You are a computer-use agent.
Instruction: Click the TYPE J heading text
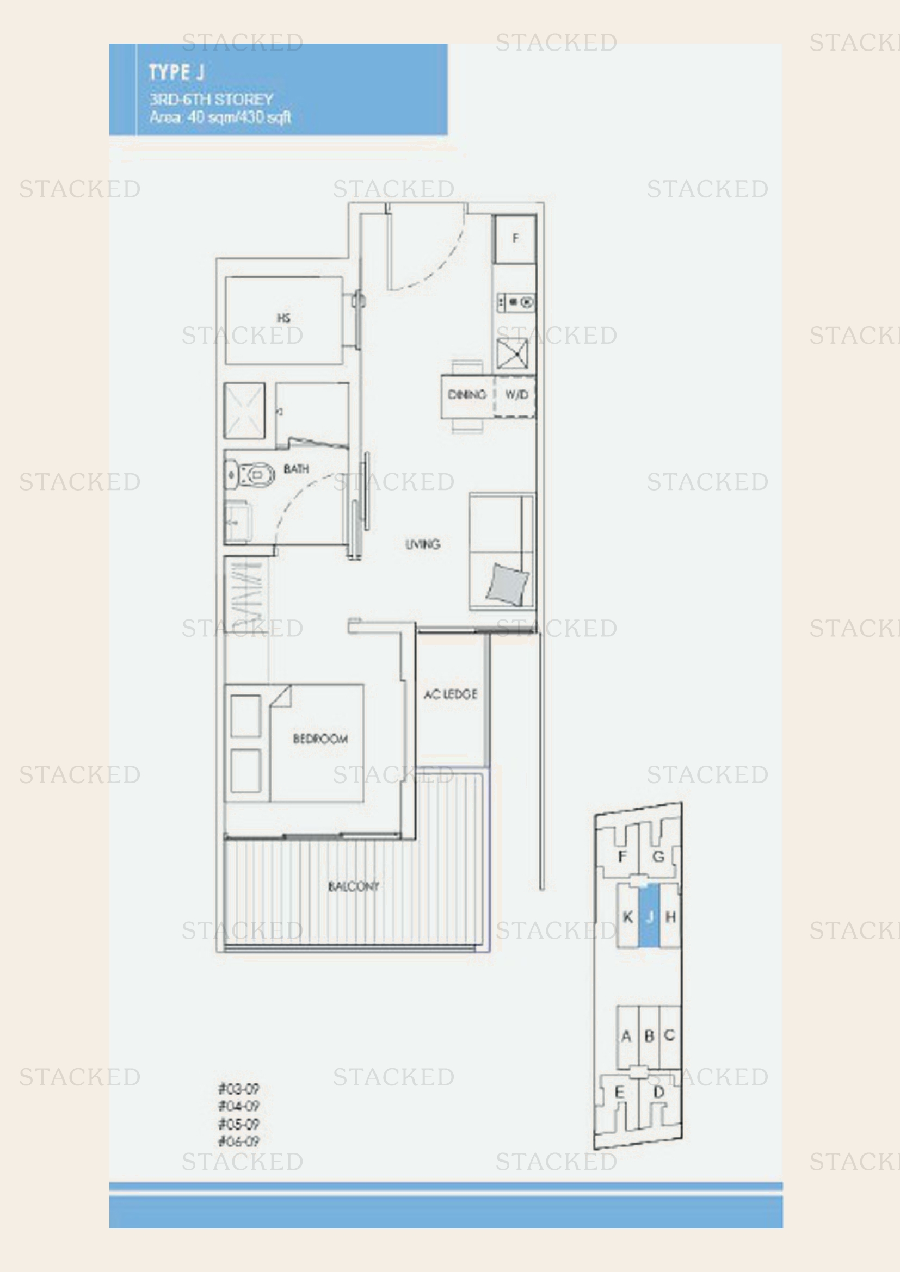pos(176,72)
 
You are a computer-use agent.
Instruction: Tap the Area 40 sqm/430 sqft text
pos(220,117)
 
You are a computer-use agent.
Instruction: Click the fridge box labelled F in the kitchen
pos(515,239)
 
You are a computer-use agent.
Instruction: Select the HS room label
pos(283,318)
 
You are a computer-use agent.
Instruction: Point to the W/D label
pos(516,394)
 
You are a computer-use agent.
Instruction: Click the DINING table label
pos(467,394)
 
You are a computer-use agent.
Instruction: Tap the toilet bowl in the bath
pos(256,475)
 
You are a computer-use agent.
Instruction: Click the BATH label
pos(296,469)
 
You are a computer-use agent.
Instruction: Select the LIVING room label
pos(422,544)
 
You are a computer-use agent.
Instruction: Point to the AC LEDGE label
pos(450,694)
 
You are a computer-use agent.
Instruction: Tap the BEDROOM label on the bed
pos(320,739)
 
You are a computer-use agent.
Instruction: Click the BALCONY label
pos(354,886)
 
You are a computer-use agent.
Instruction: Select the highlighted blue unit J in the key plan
pos(649,917)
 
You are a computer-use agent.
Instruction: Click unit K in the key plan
pos(627,917)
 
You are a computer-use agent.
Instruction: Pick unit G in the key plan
pos(658,857)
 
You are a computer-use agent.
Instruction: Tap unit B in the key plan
pos(650,1035)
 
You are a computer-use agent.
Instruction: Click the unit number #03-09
pos(238,1089)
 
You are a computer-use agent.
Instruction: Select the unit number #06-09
pos(238,1141)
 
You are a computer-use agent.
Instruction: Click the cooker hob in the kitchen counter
pos(516,302)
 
